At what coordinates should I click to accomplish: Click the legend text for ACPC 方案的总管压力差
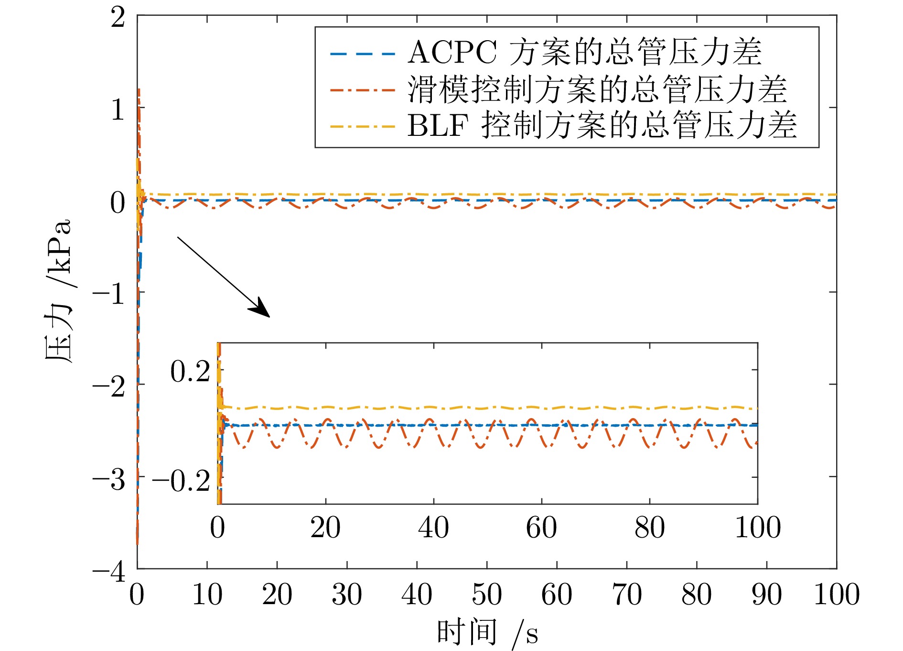pyautogui.click(x=584, y=52)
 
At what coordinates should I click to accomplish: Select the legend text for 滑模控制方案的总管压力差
pyautogui.click(x=597, y=89)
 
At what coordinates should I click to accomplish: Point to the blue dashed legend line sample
pyautogui.click(x=363, y=54)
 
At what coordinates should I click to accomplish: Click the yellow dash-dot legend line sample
pyautogui.click(x=363, y=127)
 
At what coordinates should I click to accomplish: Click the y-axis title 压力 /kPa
pyautogui.click(x=58, y=292)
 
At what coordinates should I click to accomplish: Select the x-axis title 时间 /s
pyautogui.click(x=487, y=633)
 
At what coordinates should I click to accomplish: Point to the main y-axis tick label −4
pyautogui.click(x=109, y=571)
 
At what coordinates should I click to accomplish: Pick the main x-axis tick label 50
pyautogui.click(x=487, y=595)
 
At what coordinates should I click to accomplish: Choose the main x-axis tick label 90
pyautogui.click(x=766, y=595)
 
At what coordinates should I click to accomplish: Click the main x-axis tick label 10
pyautogui.click(x=207, y=595)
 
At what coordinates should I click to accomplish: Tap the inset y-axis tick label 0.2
pyautogui.click(x=190, y=371)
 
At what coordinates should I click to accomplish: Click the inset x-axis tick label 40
pyautogui.click(x=433, y=528)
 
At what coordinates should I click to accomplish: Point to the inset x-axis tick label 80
pyautogui.click(x=650, y=528)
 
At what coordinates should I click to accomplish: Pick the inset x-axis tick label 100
pyautogui.click(x=758, y=528)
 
